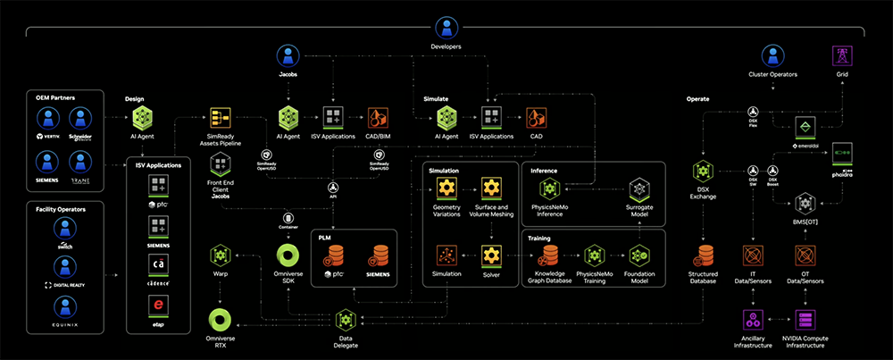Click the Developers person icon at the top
pos(444,27)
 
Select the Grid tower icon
pos(842,55)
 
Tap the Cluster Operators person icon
pos(772,55)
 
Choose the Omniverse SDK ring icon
pos(288,255)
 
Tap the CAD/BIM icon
pos(379,117)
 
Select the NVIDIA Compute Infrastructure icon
pos(806,319)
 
